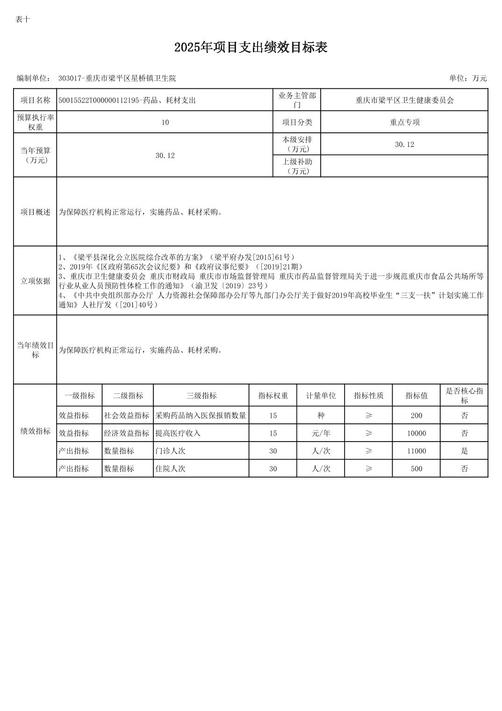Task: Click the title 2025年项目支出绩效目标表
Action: [251, 47]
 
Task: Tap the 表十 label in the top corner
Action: [22, 19]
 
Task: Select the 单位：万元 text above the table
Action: [467, 78]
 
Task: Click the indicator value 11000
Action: [416, 451]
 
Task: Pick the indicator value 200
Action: [416, 415]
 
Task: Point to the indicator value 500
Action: [416, 469]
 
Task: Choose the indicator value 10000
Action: [416, 433]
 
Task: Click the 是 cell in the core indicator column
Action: [464, 451]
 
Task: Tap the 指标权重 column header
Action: [273, 396]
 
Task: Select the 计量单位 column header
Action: [321, 396]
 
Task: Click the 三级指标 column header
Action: [201, 396]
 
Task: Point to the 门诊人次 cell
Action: [170, 451]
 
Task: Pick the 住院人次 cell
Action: [170, 469]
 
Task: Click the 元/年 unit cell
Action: [321, 433]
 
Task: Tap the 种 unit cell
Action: [321, 415]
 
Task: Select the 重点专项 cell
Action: [404, 122]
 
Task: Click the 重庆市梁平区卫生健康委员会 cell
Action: [404, 100]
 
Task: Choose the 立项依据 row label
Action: [35, 281]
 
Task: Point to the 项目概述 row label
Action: [35, 212]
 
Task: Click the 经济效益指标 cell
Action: [127, 433]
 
